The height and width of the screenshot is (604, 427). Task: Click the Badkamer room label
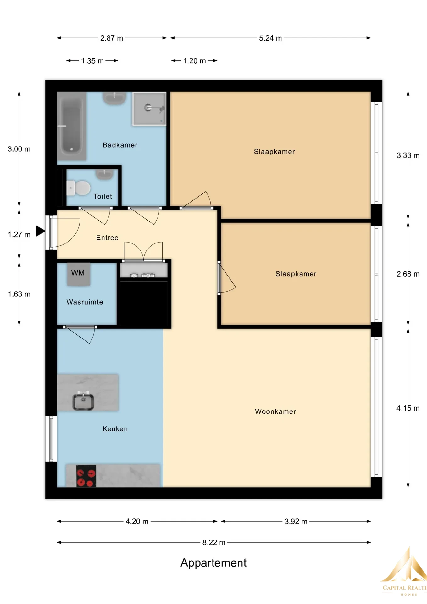click(x=120, y=145)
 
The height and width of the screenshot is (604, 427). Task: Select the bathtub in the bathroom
click(x=72, y=126)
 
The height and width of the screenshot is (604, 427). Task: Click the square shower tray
click(x=149, y=109)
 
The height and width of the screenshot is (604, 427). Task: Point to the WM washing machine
click(x=78, y=274)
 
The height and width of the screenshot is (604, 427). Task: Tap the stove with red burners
click(x=86, y=476)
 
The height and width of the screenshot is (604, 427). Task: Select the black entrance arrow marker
click(x=40, y=231)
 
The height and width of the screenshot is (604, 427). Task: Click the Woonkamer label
click(x=275, y=411)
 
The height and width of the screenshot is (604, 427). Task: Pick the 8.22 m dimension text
click(x=214, y=542)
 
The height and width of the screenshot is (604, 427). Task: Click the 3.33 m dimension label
click(x=408, y=155)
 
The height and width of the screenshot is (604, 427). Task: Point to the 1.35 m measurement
click(x=92, y=61)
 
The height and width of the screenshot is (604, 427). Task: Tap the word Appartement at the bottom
click(x=213, y=563)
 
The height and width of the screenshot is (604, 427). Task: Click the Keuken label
click(x=115, y=429)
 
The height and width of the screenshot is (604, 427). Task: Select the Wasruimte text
click(x=85, y=302)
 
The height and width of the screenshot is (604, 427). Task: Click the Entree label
click(x=107, y=238)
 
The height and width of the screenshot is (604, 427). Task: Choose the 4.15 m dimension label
click(x=408, y=408)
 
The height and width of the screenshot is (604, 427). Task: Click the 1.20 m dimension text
click(x=195, y=61)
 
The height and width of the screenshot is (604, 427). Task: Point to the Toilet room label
click(x=103, y=196)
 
